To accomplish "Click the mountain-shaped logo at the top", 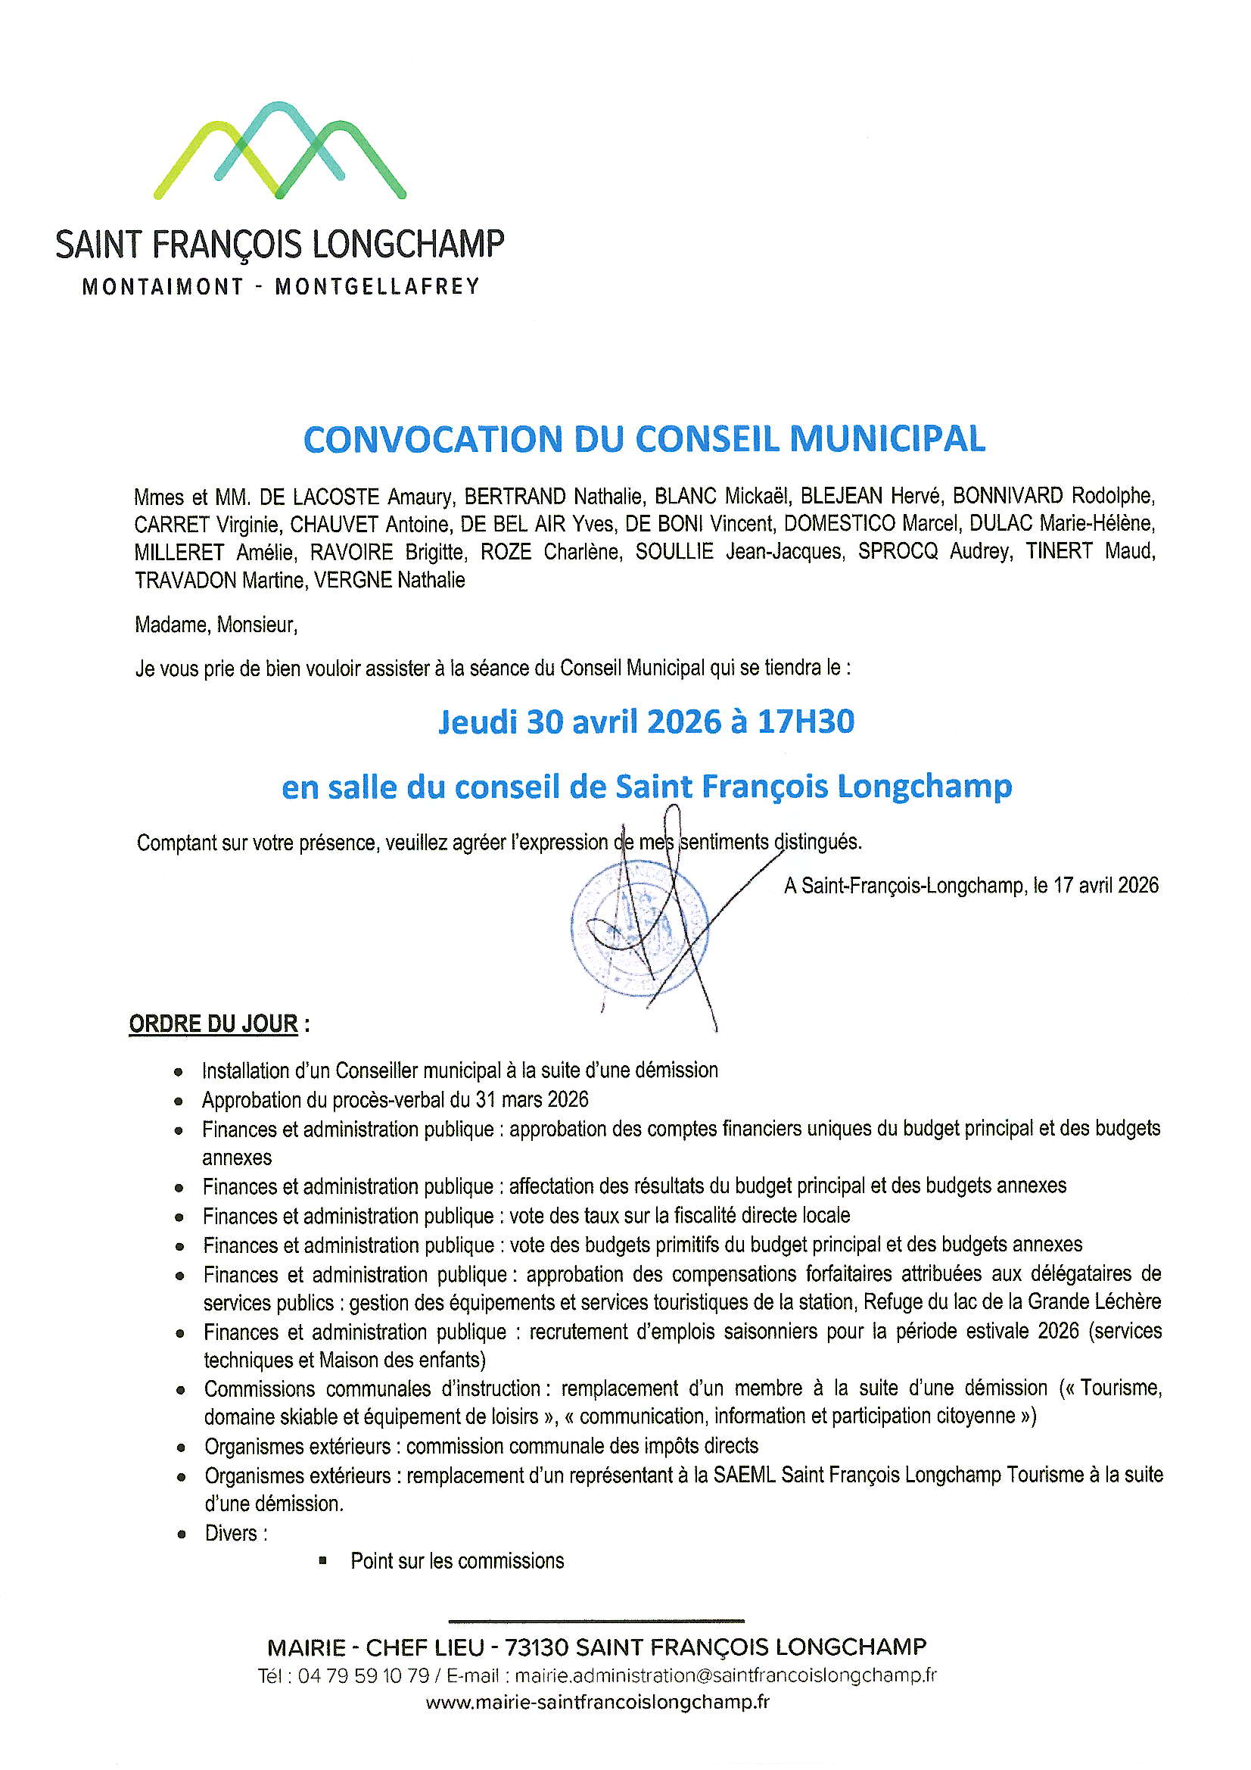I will tap(280, 151).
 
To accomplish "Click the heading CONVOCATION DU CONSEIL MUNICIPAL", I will tap(643, 439).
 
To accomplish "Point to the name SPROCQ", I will tap(898, 552).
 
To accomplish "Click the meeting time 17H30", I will tap(805, 721).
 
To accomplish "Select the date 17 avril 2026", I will tap(1106, 885).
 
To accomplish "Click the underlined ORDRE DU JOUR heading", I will tap(213, 1024).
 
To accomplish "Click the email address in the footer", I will tap(724, 1675).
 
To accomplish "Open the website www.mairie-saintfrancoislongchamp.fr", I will tap(597, 1702).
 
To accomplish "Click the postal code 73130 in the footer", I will tap(536, 1647).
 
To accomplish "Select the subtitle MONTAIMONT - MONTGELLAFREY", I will tap(281, 287).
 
